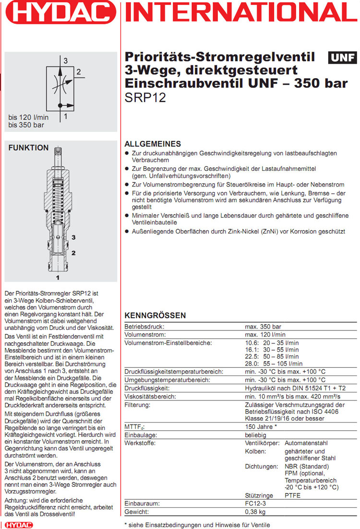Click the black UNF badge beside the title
(342, 58)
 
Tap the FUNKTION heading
(29, 148)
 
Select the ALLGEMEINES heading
(153, 144)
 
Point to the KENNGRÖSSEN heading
(155, 316)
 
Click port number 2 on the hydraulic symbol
(78, 71)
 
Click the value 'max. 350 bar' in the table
(263, 327)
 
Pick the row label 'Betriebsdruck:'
(144, 327)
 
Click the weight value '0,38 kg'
(257, 511)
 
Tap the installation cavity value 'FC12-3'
(256, 504)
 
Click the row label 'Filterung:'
(138, 405)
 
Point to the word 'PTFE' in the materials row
(293, 495)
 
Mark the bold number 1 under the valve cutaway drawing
(57, 277)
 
